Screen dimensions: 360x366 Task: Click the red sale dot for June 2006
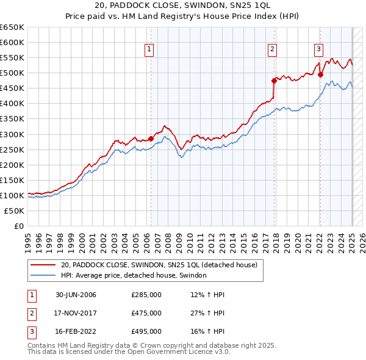[151, 139]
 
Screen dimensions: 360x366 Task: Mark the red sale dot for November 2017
[274, 80]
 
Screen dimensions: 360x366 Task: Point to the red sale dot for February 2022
[320, 74]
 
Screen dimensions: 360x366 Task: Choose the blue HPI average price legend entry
[134, 275]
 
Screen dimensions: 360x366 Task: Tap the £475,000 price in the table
[146, 313]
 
